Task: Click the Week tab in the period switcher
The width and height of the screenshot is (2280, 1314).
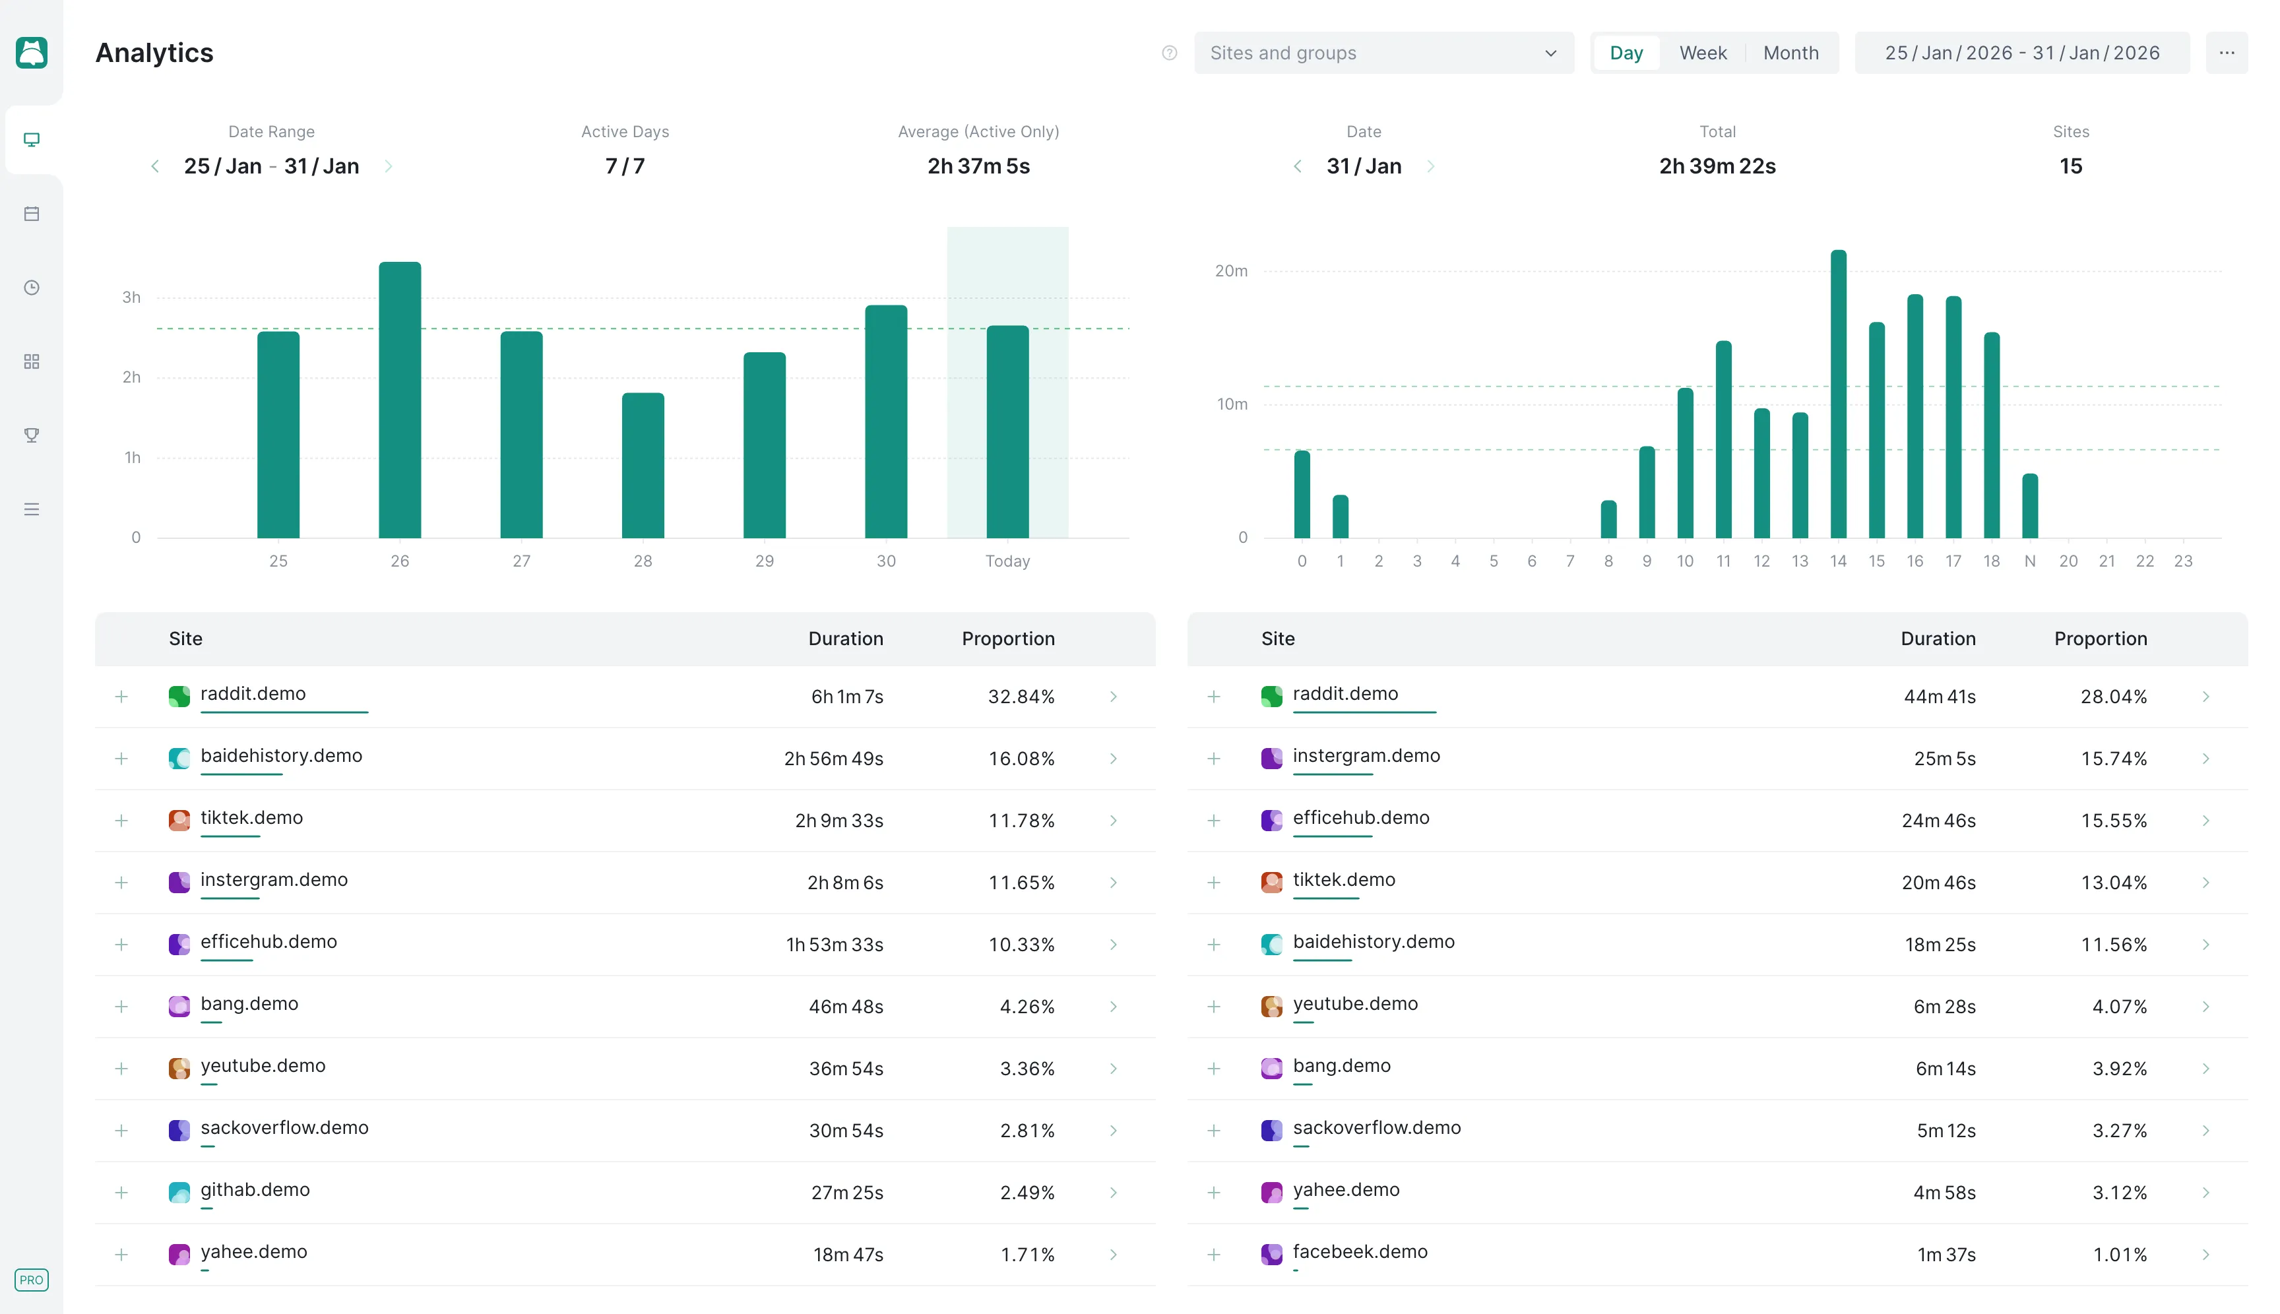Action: point(1702,53)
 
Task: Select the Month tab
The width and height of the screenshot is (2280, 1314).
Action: point(1790,53)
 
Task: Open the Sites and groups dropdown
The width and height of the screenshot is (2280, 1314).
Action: point(1383,53)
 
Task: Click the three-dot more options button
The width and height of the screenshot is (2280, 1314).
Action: point(2226,53)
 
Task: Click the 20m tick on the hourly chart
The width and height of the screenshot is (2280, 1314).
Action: point(1230,270)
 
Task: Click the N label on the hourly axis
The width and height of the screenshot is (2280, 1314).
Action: point(2029,561)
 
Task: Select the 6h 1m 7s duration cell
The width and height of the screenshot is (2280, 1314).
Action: point(846,697)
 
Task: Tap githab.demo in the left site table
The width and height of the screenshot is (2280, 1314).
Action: point(255,1189)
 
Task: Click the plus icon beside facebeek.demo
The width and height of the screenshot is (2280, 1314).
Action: point(1213,1255)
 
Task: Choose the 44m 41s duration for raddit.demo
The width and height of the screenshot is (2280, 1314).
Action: point(1939,697)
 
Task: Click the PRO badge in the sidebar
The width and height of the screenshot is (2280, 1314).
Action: point(32,1280)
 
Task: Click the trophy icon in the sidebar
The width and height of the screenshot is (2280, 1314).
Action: point(32,435)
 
